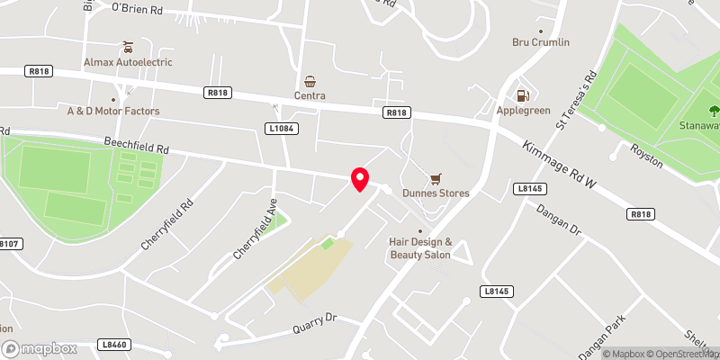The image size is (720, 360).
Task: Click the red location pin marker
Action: [360, 178]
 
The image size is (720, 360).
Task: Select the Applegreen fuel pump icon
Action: [521, 95]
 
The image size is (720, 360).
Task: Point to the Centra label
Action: [309, 95]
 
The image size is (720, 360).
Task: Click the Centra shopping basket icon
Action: [310, 81]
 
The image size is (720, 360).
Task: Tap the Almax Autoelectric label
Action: [128, 62]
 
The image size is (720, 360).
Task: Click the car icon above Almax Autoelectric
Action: [128, 47]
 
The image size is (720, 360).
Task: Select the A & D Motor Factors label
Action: [113, 112]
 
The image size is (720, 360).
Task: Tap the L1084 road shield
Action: [282, 130]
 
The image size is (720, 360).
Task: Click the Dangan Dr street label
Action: [562, 221]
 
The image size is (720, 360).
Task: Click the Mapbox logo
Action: [39, 348]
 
